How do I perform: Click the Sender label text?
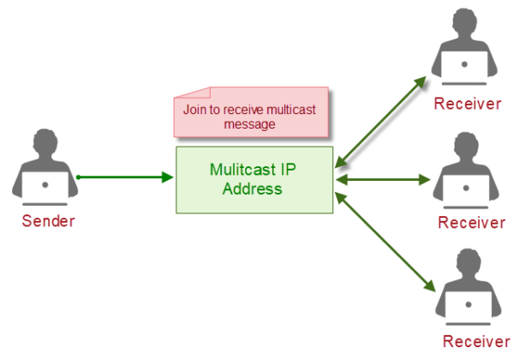(x=48, y=221)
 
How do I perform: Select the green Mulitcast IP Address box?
(x=254, y=179)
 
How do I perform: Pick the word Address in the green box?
(x=253, y=189)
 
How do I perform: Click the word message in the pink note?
(x=249, y=124)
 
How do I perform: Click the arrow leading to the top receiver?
(x=381, y=118)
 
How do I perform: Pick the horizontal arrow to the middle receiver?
(x=383, y=180)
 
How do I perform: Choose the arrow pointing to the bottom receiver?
(x=382, y=242)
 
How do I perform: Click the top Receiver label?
(x=467, y=104)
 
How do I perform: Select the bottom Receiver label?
(x=476, y=341)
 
